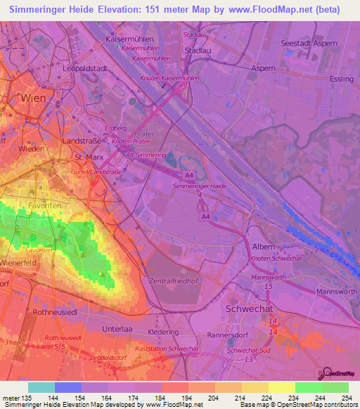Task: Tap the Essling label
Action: click(340, 79)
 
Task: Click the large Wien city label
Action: click(37, 98)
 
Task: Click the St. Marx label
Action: click(89, 158)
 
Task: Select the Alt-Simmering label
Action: click(146, 153)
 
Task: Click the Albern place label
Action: click(264, 247)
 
